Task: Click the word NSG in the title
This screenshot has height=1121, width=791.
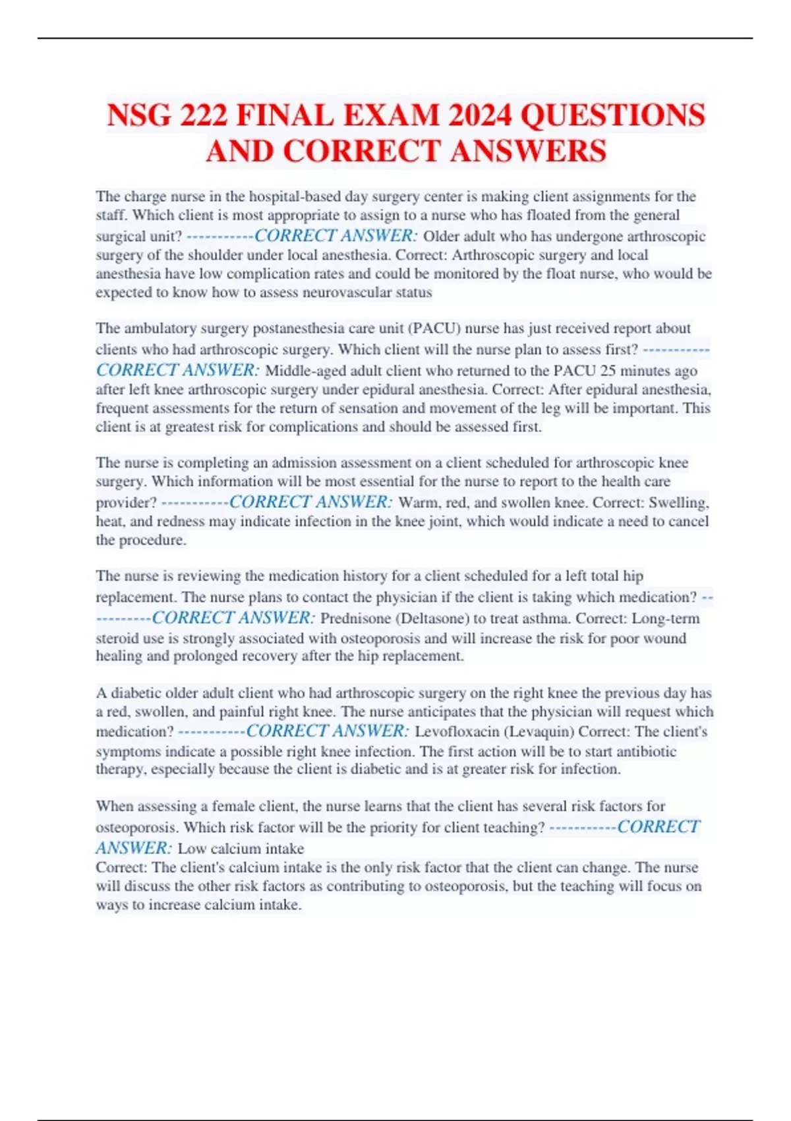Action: click(x=139, y=115)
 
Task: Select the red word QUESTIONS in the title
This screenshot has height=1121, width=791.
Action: click(x=612, y=115)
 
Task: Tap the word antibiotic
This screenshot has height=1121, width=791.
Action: click(x=646, y=752)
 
